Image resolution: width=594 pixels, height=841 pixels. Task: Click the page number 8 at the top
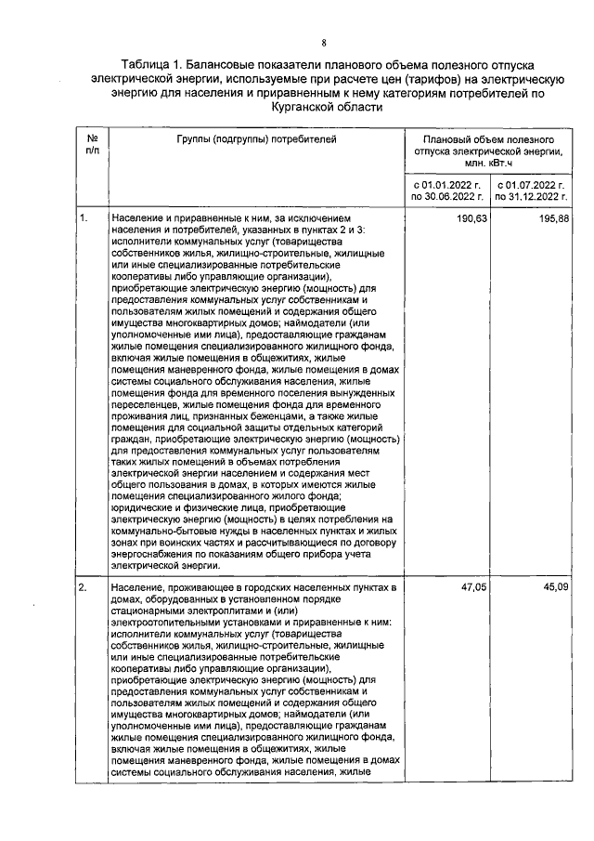324,43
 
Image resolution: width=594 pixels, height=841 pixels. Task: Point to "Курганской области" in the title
324,108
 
